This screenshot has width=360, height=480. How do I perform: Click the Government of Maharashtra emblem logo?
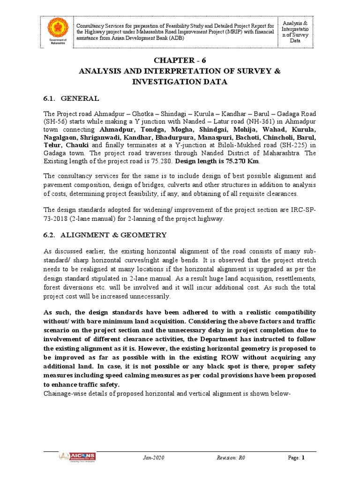pos(59,29)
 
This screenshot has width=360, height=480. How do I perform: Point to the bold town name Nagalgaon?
pos(63,137)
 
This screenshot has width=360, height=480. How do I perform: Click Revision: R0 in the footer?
pos(230,457)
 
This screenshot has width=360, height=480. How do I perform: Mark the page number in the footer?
pos(303,457)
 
